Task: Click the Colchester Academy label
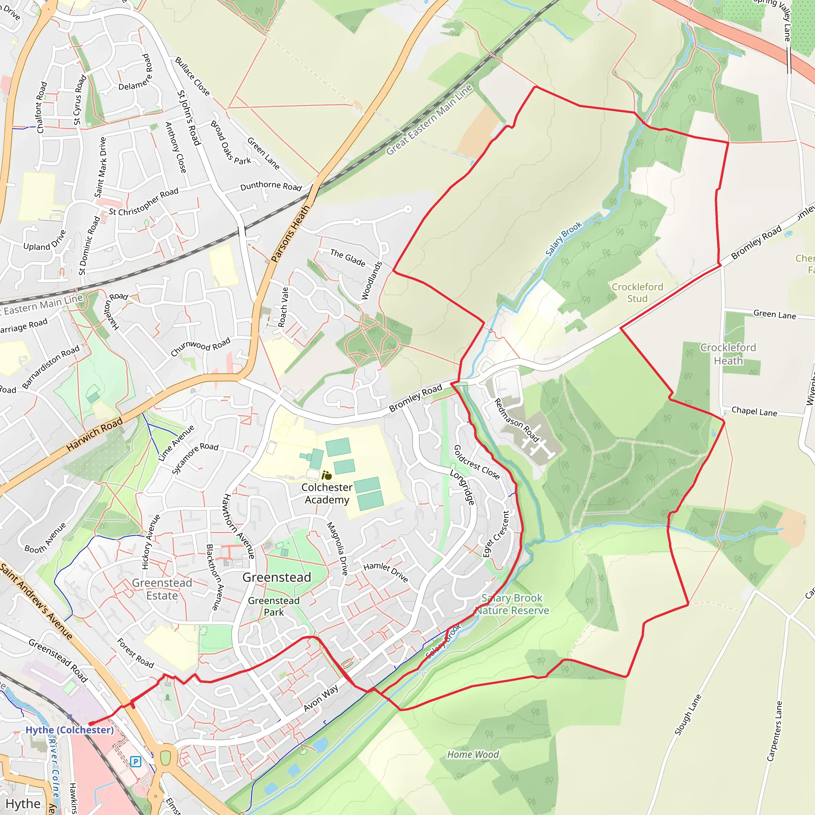pos(327,493)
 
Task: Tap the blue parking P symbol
pos(135,761)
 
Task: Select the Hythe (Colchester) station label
pos(70,730)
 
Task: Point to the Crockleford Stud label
pos(638,293)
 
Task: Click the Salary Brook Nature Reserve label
pos(512,604)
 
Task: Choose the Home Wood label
pos(473,754)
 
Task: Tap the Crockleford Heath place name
pos(728,354)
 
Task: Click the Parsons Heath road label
pos(290,234)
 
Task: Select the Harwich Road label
pos(95,434)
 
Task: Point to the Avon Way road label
pos(321,698)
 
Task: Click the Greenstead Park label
pos(274,606)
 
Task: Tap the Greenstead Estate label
pos(162,589)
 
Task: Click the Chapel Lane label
pos(754,411)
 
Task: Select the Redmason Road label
pos(516,420)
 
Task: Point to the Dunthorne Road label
pos(271,185)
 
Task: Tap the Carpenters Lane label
pos(775,731)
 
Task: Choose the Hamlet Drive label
pos(386,572)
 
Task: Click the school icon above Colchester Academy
pos(326,476)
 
